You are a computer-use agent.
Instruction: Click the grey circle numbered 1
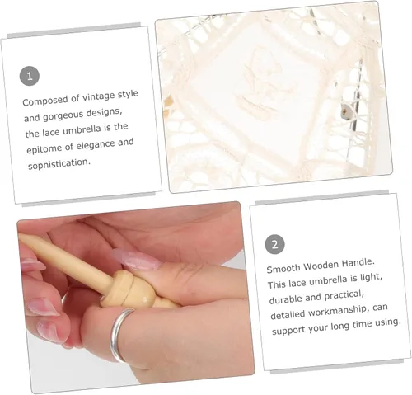coord(30,76)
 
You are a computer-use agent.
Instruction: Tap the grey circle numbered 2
coord(274,244)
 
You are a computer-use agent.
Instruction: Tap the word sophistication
coord(59,164)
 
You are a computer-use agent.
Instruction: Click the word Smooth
coord(283,268)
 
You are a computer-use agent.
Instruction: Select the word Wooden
coord(321,266)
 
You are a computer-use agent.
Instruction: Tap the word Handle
coord(358,263)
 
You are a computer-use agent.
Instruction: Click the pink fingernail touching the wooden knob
coord(136,260)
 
